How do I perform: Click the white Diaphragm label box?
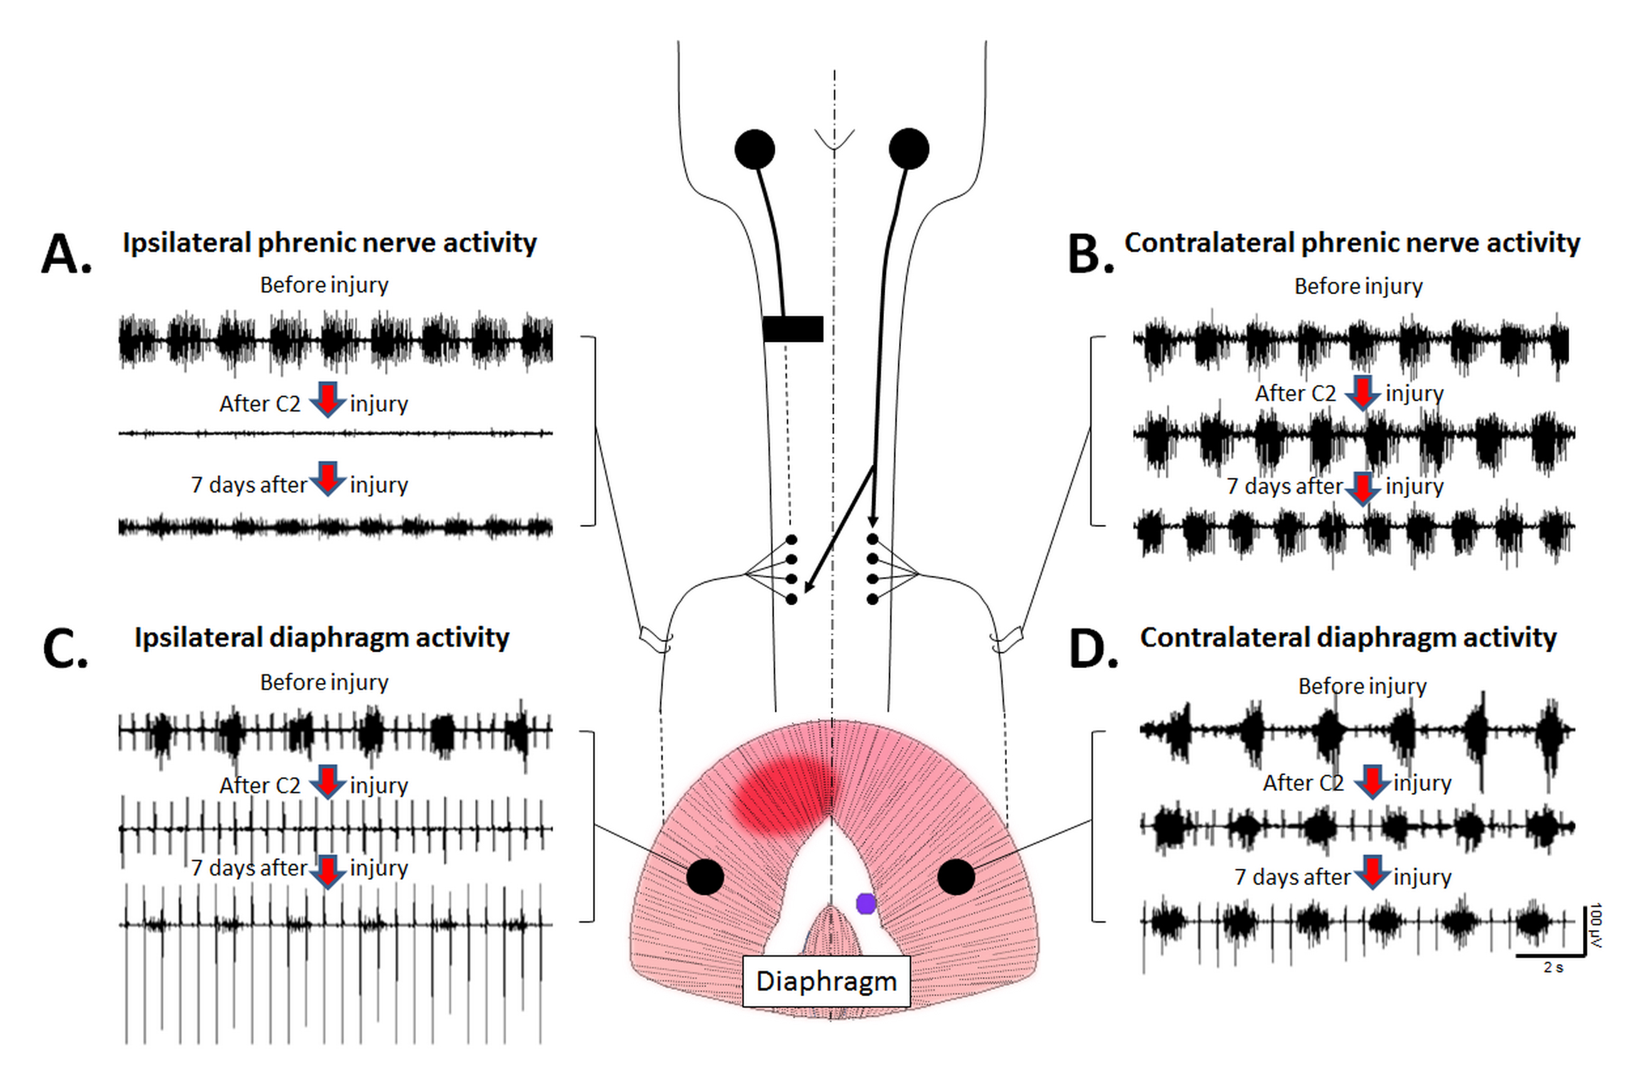point(826,981)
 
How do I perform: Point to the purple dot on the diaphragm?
point(865,903)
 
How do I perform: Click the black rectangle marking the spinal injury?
point(792,329)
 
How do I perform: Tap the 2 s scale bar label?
point(1553,967)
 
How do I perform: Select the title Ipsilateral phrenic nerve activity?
point(329,243)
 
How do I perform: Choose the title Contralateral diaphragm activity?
point(1348,638)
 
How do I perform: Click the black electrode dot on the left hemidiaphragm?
point(705,877)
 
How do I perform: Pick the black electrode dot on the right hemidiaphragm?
point(956,877)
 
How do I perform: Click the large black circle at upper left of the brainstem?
point(754,149)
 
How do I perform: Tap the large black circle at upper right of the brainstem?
point(908,149)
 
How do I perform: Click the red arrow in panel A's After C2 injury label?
point(328,400)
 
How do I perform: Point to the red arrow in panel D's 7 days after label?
point(1372,872)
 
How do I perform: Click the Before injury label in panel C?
point(324,682)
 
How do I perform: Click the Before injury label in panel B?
point(1358,285)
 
